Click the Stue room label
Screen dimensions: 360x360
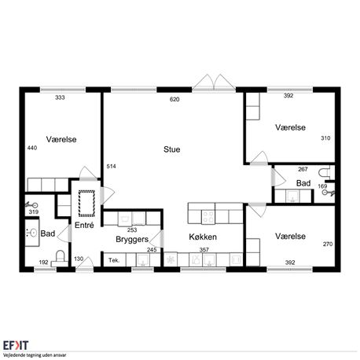(x=171, y=149)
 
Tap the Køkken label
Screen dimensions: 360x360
(x=203, y=237)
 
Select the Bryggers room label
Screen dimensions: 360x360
(x=132, y=240)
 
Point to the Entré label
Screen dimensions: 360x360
(x=84, y=225)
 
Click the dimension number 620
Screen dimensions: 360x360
(x=174, y=99)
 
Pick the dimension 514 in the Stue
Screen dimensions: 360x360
(x=111, y=167)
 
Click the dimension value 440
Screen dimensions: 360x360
(x=32, y=148)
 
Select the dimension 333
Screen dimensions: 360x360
(x=60, y=97)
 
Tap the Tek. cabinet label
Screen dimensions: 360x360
(x=114, y=260)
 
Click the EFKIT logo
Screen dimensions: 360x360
(x=16, y=345)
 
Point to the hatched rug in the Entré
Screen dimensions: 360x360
(x=86, y=204)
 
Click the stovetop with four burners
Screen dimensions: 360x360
(x=208, y=217)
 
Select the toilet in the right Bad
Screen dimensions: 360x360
(x=326, y=172)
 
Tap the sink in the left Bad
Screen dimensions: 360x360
(x=32, y=233)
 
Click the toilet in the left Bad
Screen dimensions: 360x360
(x=60, y=258)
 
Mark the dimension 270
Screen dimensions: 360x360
(x=328, y=244)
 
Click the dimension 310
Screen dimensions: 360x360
(x=325, y=138)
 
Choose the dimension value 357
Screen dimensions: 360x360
(x=204, y=250)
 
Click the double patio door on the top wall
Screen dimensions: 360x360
(x=214, y=83)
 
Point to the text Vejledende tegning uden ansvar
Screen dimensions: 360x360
(x=35, y=355)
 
